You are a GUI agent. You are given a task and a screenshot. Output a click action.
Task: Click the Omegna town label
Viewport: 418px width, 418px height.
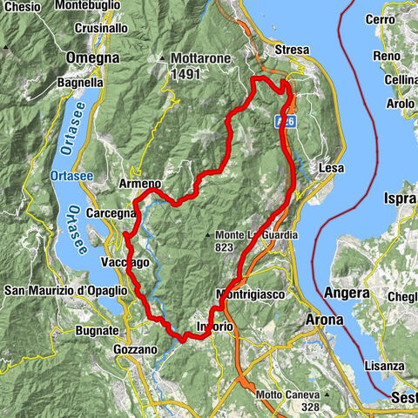(x=91, y=57)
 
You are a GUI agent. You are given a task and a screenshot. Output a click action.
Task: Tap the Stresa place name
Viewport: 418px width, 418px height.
(x=293, y=50)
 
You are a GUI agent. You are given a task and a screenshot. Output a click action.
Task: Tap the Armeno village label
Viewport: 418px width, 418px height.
(x=140, y=184)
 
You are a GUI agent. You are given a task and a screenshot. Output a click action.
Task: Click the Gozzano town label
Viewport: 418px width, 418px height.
(x=135, y=349)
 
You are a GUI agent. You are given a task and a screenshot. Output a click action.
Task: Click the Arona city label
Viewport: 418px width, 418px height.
(x=325, y=320)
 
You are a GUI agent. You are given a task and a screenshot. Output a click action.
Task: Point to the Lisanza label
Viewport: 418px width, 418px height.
(x=384, y=367)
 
